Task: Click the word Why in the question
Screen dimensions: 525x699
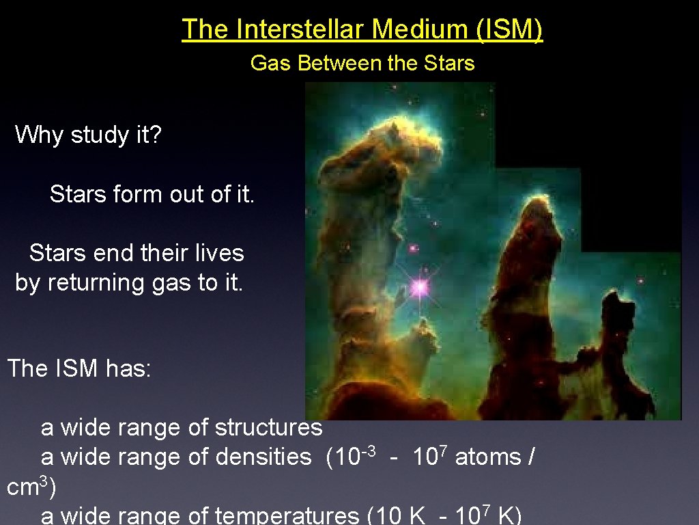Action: (40, 135)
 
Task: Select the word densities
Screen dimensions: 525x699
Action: (263, 457)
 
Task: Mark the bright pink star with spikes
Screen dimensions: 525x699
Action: (419, 286)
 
